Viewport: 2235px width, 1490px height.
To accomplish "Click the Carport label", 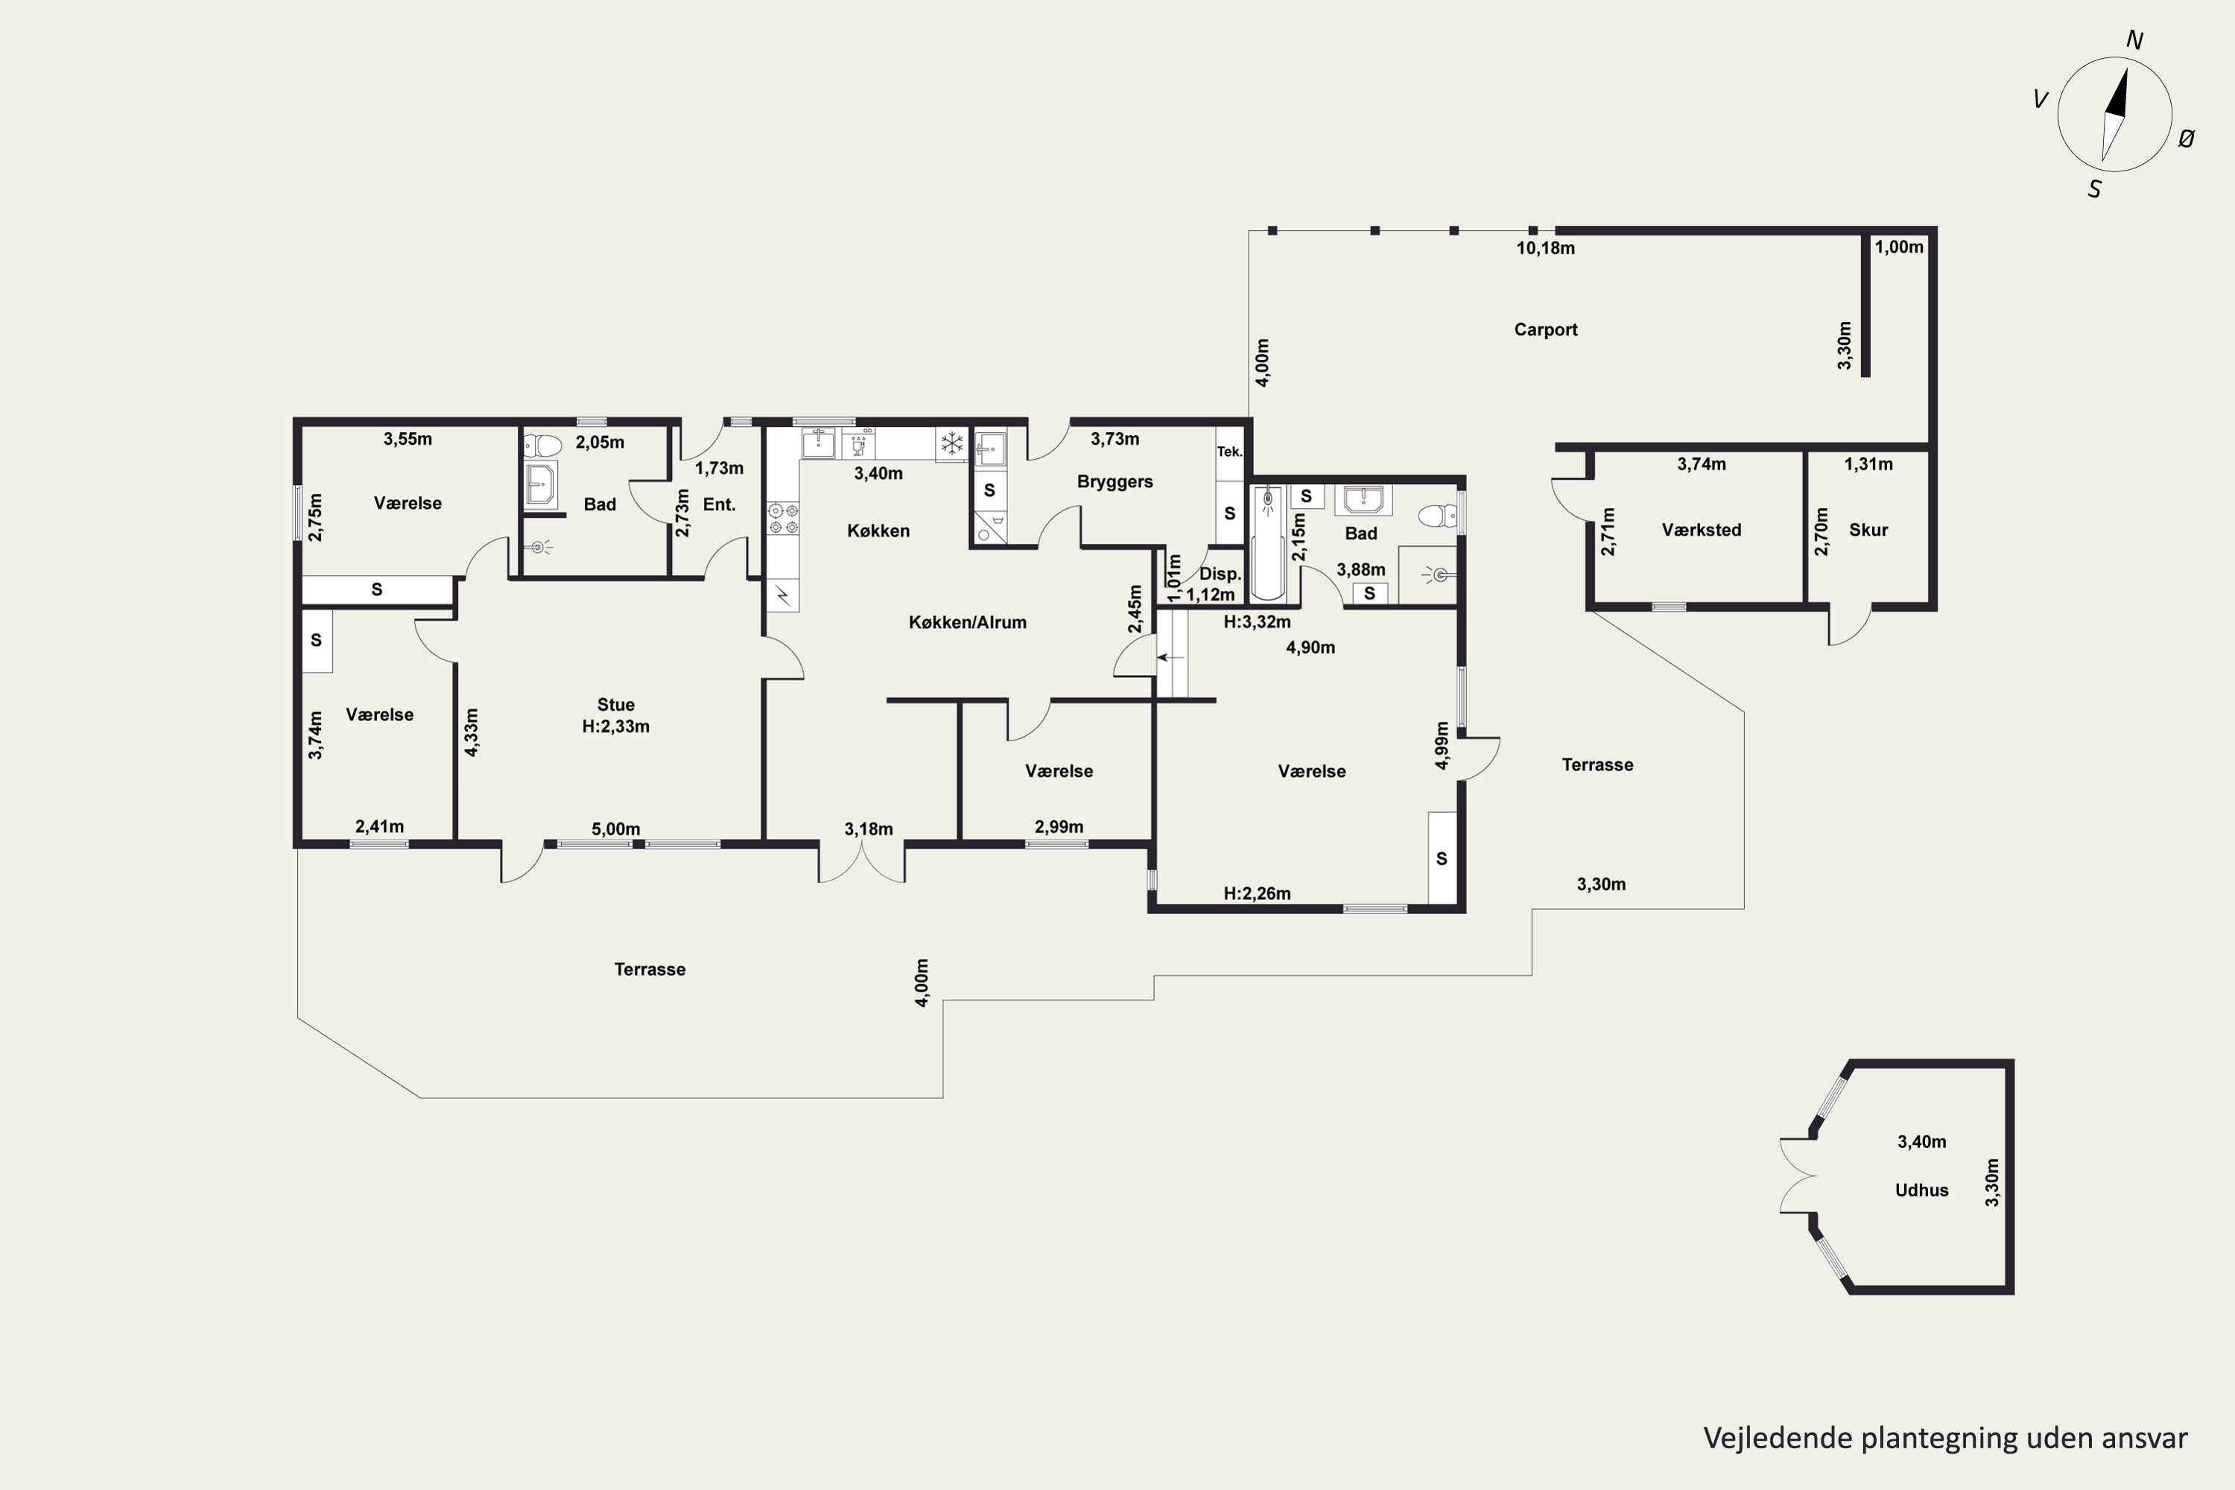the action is click(1545, 330).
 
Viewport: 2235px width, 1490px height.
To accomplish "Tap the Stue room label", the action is click(616, 704).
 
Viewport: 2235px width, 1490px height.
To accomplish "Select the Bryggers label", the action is click(1115, 482).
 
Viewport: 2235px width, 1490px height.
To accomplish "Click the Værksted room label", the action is click(1701, 530).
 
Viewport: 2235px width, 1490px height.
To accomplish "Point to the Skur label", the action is click(1868, 530).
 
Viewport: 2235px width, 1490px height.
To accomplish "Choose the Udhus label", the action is click(1921, 1190).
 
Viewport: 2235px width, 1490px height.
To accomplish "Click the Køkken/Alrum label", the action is click(967, 622).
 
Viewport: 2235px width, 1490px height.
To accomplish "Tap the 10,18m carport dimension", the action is click(1545, 248).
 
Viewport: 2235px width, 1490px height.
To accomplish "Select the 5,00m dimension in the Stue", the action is click(616, 828).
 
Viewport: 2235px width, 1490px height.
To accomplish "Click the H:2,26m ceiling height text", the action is click(1256, 893).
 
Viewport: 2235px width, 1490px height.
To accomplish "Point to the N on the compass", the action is click(2134, 40).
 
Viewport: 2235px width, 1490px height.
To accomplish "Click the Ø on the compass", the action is click(2187, 139).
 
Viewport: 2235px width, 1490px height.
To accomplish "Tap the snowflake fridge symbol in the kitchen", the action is click(951, 443).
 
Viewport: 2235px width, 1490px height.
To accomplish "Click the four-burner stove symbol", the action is click(783, 519).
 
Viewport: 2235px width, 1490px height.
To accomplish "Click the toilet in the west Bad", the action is click(542, 445).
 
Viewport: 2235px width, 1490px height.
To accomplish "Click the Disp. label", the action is click(1220, 574).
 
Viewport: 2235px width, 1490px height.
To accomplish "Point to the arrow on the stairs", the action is click(1170, 656).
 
